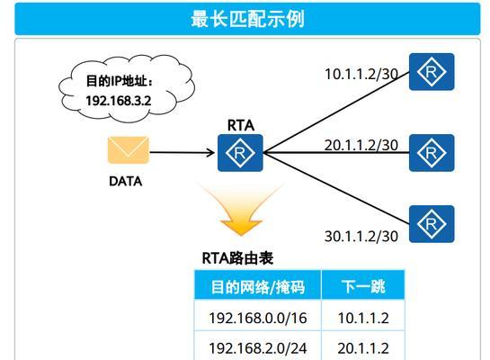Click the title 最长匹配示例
coord(247,19)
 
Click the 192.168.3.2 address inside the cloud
coord(119,101)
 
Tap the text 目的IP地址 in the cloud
coord(118,81)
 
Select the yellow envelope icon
coord(129,150)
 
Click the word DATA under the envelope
coord(125,182)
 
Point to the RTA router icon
coord(240,153)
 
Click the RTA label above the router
coord(241,126)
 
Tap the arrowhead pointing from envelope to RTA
coord(210,153)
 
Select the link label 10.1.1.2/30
coord(361,74)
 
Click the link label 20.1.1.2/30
coord(361,145)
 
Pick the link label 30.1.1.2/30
coord(361,237)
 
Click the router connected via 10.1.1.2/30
coord(432,72)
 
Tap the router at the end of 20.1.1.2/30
coord(432,153)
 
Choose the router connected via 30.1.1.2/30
coord(432,224)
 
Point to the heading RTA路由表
coord(237,258)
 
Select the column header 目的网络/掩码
coord(258,287)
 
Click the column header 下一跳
coord(363,286)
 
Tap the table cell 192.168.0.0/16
coord(257,318)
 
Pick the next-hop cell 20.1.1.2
coord(363,348)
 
